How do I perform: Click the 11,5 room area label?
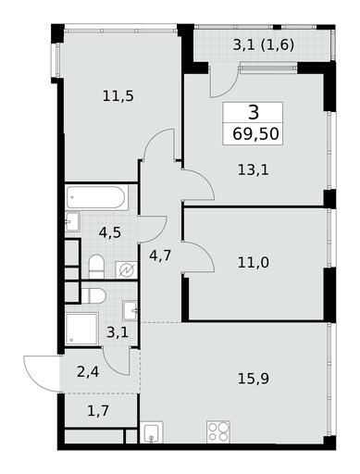click(118, 96)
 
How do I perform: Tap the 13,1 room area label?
click(254, 169)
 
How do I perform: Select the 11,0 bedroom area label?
click(254, 262)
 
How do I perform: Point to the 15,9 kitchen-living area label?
click(254, 379)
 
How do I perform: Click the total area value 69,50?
click(255, 134)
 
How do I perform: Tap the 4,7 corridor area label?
click(160, 256)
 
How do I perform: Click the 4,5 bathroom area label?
click(110, 232)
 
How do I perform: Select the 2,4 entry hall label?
click(88, 372)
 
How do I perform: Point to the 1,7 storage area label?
click(98, 411)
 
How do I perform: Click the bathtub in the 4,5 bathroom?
click(96, 197)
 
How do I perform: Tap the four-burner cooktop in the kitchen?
click(218, 431)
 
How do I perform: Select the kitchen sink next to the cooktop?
click(151, 432)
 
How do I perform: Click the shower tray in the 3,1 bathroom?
click(82, 329)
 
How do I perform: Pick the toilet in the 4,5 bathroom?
click(96, 267)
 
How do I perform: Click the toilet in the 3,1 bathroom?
click(93, 295)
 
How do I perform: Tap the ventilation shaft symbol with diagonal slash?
click(127, 270)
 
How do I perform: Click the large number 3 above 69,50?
click(254, 112)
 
